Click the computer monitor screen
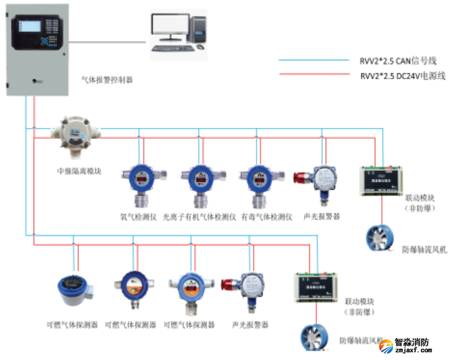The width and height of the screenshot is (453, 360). (x=172, y=28)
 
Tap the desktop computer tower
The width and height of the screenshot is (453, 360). (x=201, y=29)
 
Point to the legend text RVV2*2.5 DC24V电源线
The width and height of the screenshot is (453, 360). (x=398, y=75)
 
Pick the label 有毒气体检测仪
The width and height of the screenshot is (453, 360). (x=267, y=217)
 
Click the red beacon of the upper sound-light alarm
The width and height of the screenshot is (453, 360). (x=300, y=178)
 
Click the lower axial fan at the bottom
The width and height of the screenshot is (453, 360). (x=317, y=338)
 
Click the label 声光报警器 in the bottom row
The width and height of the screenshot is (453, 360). (x=250, y=325)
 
